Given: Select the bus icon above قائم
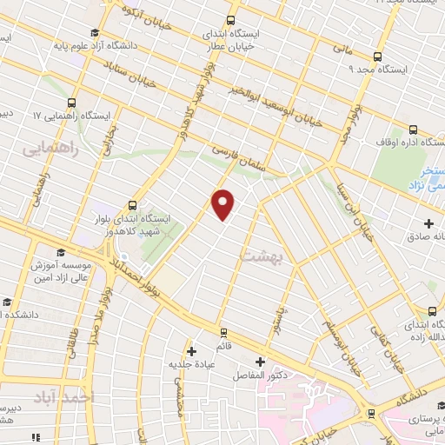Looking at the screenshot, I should point(223,332).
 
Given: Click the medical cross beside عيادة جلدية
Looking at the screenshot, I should point(191,351).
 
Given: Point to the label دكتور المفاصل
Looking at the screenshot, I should point(259,376).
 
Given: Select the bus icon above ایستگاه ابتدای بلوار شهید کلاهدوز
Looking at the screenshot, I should point(131,206).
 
